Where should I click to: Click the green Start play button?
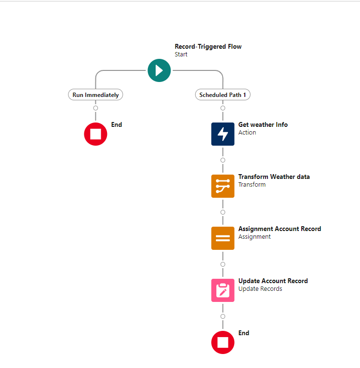(159, 70)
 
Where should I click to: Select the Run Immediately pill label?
(95, 95)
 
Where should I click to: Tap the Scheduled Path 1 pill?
(223, 95)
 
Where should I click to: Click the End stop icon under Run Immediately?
(95, 134)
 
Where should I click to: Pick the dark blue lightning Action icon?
(223, 134)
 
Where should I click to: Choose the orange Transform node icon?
(223, 186)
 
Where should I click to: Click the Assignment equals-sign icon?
(223, 238)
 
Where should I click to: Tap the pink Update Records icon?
(223, 290)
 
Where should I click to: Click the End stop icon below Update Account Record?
(223, 342)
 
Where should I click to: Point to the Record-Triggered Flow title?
(208, 46)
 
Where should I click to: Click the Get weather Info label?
(263, 124)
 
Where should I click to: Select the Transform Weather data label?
(274, 177)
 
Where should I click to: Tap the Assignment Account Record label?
(280, 229)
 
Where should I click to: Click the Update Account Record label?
(273, 281)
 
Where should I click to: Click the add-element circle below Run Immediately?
(95, 108)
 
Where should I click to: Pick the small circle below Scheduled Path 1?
(223, 108)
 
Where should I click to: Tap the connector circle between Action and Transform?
(223, 160)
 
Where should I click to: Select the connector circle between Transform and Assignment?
(223, 212)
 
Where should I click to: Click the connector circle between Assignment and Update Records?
(223, 264)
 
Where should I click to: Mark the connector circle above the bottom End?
(223, 316)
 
